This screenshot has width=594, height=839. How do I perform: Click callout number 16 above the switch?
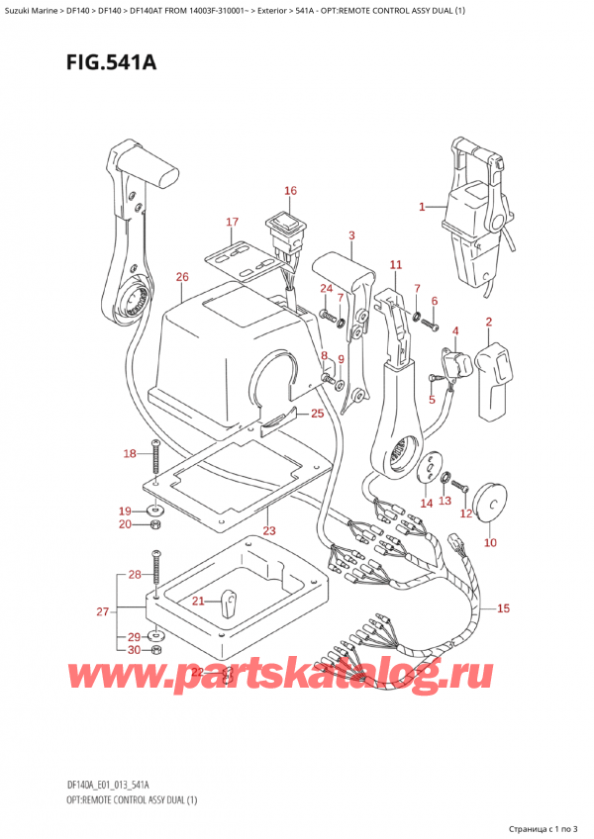tap(290, 191)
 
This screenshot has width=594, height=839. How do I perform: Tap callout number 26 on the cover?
tap(181, 277)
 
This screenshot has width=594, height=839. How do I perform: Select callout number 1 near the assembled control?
tap(422, 207)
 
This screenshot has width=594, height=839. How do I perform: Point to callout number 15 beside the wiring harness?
tap(503, 608)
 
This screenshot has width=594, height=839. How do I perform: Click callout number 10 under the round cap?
tap(490, 543)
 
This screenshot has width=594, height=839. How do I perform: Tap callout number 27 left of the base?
tap(102, 612)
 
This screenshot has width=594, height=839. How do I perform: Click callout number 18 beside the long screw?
tap(130, 454)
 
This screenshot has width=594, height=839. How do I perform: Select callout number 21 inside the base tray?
tap(199, 601)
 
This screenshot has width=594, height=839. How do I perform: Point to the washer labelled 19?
tap(155, 510)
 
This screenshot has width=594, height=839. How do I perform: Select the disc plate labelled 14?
tap(431, 470)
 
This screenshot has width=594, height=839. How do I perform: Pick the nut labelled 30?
tap(156, 650)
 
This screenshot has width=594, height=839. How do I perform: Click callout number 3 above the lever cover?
tap(351, 235)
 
